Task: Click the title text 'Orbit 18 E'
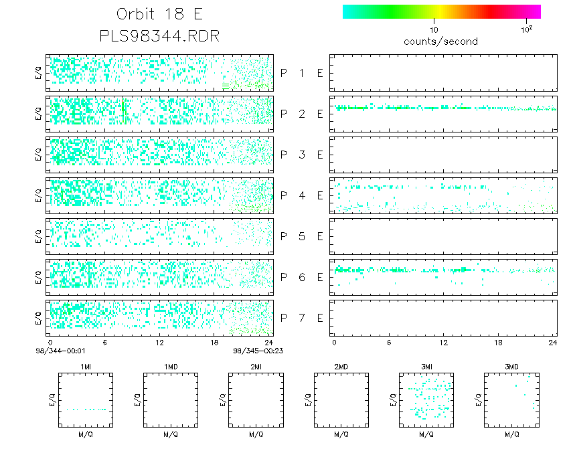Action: pyautogui.click(x=159, y=14)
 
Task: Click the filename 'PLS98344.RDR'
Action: pyautogui.click(x=159, y=35)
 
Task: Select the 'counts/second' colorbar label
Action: pyautogui.click(x=440, y=41)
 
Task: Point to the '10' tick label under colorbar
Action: pyautogui.click(x=434, y=30)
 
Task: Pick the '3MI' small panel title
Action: pyautogui.click(x=426, y=367)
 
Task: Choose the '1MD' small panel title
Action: pyautogui.click(x=171, y=367)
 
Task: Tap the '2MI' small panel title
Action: pyautogui.click(x=256, y=367)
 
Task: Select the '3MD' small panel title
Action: pyautogui.click(x=511, y=367)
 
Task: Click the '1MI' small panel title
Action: pyautogui.click(x=86, y=367)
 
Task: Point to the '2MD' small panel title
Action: pyautogui.click(x=341, y=367)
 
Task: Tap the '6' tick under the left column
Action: pyautogui.click(x=105, y=342)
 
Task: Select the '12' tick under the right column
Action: pyautogui.click(x=442, y=342)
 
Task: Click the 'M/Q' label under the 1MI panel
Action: pyautogui.click(x=86, y=434)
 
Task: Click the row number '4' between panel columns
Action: pyautogui.click(x=301, y=195)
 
